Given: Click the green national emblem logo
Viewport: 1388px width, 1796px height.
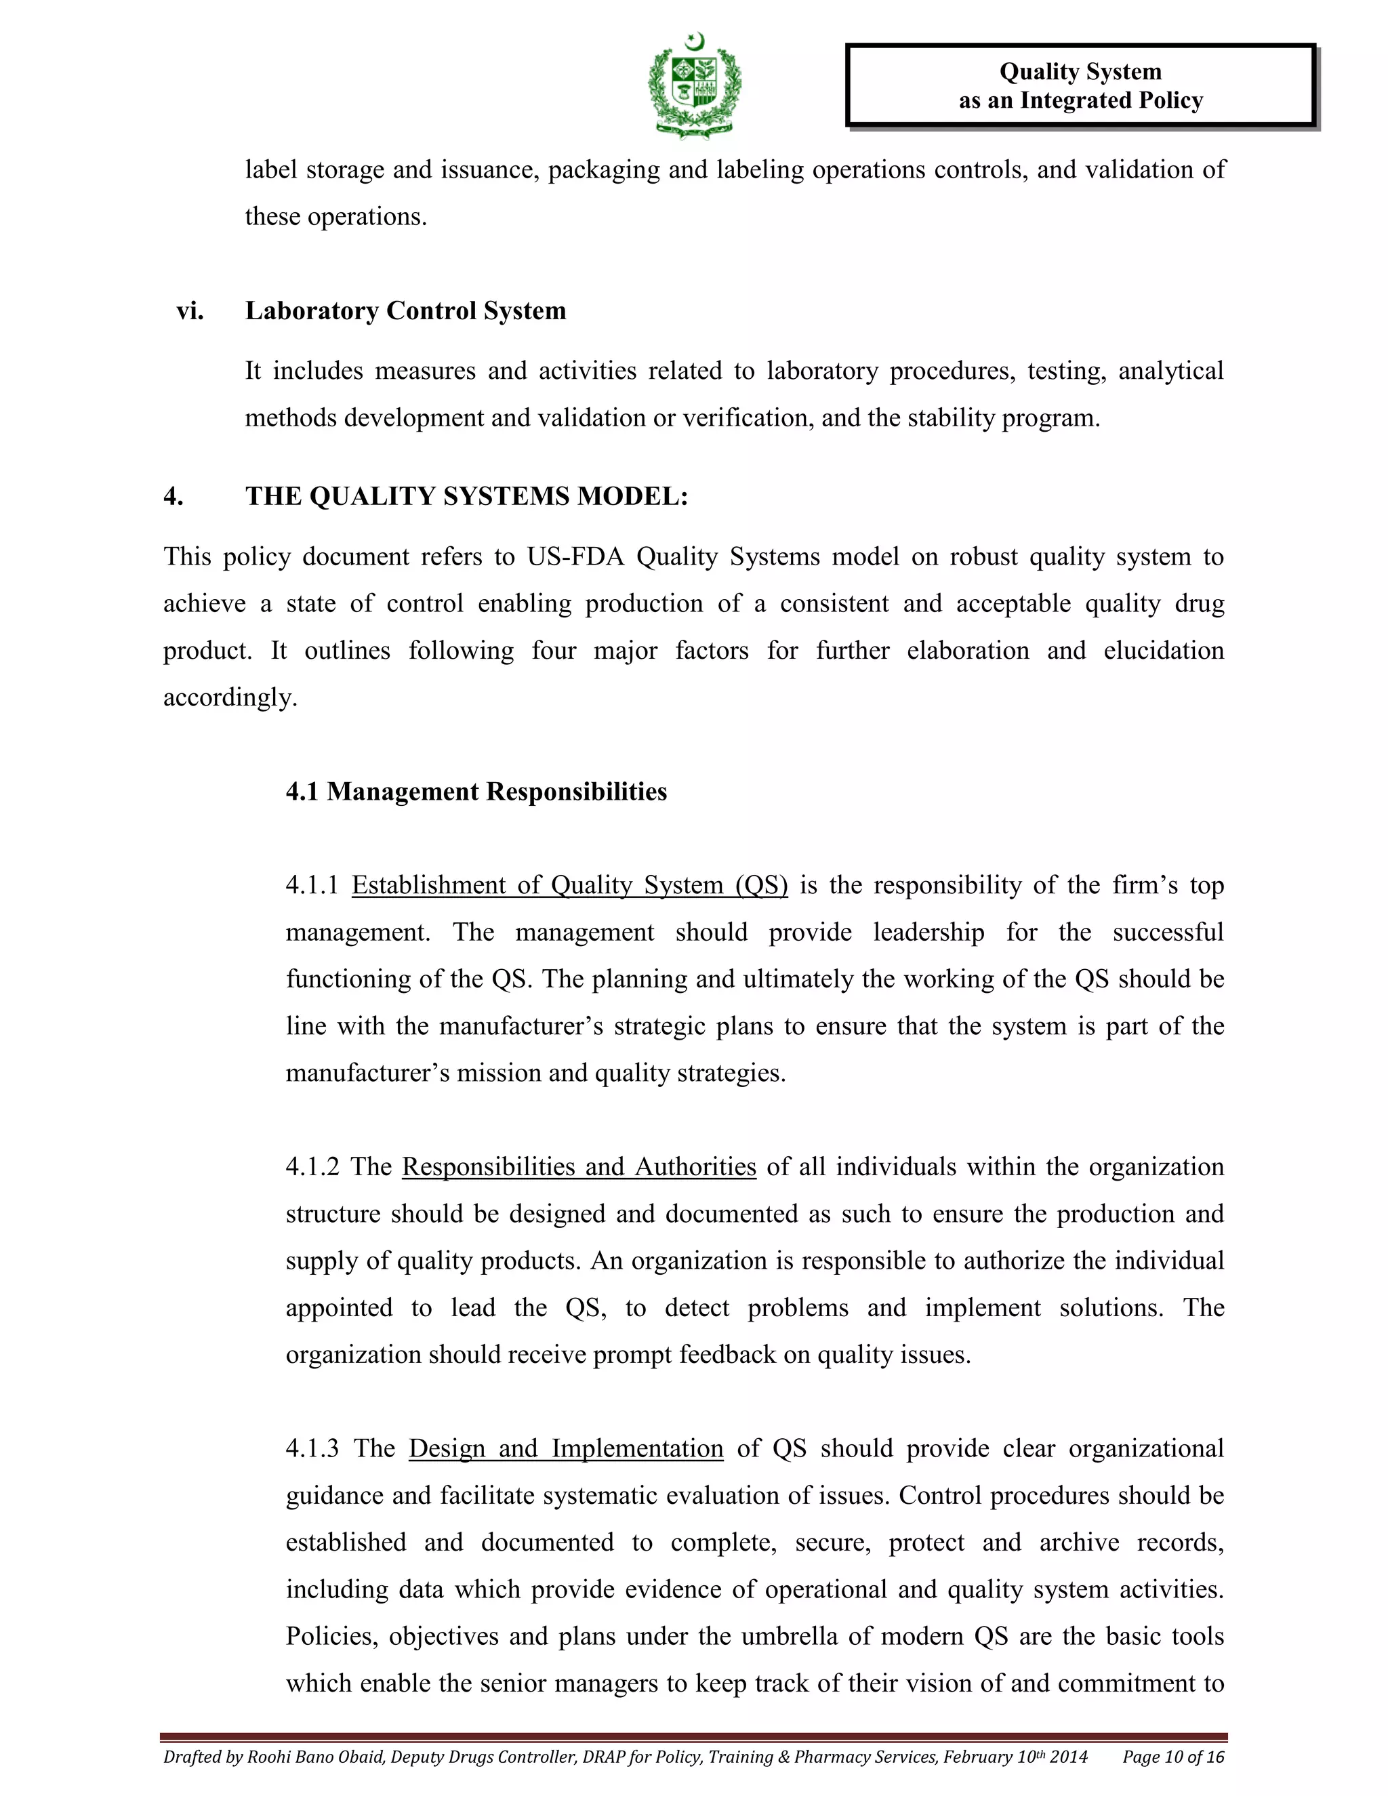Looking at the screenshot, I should click(x=695, y=85).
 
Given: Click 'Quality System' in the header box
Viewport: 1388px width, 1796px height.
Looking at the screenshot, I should click(x=1080, y=72).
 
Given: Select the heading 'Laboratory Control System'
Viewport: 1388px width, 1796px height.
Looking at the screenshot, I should click(x=405, y=311).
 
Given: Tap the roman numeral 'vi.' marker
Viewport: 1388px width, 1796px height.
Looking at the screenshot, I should click(x=190, y=311).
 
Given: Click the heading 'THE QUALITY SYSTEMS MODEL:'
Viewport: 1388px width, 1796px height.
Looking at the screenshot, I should click(x=466, y=497).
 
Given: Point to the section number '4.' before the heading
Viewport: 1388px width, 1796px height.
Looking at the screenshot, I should click(x=173, y=497).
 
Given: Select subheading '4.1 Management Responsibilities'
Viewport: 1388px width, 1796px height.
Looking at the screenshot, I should click(x=476, y=791).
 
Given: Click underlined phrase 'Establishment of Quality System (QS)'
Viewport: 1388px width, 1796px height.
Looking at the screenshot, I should click(x=569, y=886).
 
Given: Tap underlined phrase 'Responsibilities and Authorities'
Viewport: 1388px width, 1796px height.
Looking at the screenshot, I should click(x=579, y=1167).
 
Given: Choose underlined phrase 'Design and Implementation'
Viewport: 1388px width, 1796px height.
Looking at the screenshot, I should click(x=566, y=1448).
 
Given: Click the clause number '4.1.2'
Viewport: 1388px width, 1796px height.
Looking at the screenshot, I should click(x=312, y=1167).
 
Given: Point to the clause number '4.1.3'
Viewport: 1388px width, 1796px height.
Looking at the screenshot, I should click(x=312, y=1448).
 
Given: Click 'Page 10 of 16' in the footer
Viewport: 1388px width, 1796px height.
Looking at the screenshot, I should click(x=1173, y=1757).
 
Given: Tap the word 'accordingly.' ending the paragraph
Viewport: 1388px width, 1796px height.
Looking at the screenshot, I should click(x=230, y=698).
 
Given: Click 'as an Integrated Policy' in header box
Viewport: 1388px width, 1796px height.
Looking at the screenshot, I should click(x=1080, y=100).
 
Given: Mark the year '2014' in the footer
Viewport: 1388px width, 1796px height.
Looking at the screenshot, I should click(x=1069, y=1757).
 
